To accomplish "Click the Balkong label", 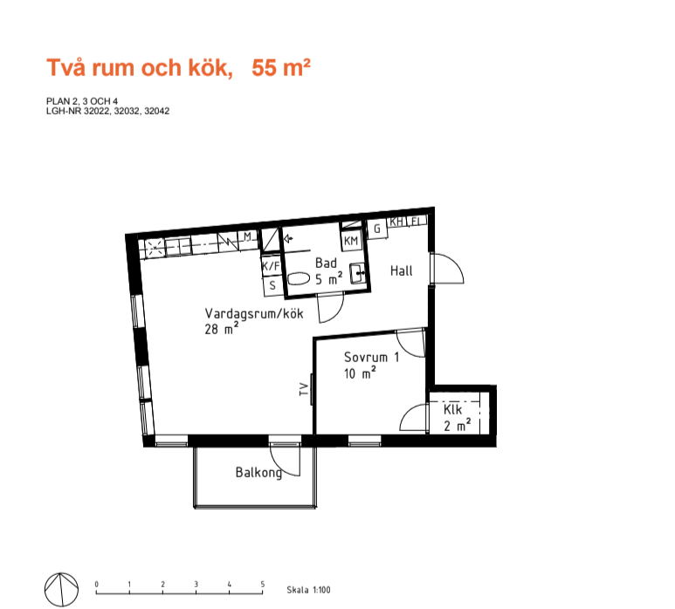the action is pos(258,473).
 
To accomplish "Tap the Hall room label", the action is pos(401,271).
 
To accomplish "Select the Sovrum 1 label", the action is pos(371,357).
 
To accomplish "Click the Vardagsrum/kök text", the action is pos(254,313).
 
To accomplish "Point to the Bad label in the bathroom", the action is pos(326,263).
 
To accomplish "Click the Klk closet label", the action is pos(452,409).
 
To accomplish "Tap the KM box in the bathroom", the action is pos(351,241).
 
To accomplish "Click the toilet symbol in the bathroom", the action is pos(299,278).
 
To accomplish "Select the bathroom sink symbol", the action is pos(358,274).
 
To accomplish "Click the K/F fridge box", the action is pos(272,266).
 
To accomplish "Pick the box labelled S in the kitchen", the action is pos(273,285).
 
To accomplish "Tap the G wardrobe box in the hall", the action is pos(377,229).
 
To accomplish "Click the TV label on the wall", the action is pos(304,390).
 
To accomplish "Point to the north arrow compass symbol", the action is pos(61,590).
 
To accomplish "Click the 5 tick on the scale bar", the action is pos(263,585).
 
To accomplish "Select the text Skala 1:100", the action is pos(308,590).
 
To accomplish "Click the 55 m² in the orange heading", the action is pos(280,67).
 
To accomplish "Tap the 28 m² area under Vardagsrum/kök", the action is pos(222,329).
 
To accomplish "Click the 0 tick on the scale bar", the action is pos(96,585).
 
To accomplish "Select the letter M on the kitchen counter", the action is pos(247,236).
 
